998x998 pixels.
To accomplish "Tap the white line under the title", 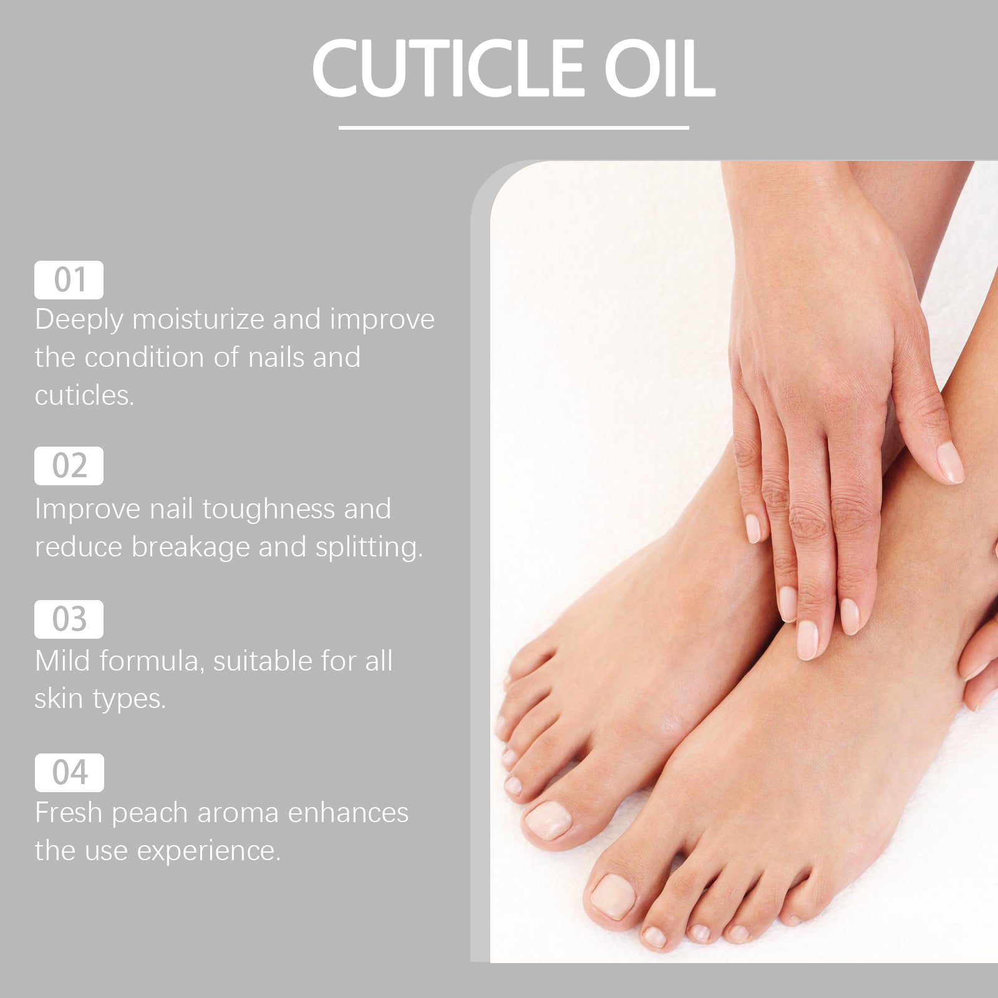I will click(x=513, y=128).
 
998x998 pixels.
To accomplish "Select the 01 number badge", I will click(x=69, y=280).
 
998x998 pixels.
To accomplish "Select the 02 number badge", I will click(x=69, y=466).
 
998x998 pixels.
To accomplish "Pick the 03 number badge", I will click(x=69, y=619).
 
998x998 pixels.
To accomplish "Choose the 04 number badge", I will click(x=69, y=773).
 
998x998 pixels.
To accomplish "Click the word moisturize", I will click(x=198, y=319).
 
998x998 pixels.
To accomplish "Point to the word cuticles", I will click(x=84, y=395).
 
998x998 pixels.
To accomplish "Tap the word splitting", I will click(x=368, y=548).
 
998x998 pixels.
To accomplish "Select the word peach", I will click(x=150, y=813).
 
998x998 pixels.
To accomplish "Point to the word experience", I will click(x=208, y=851).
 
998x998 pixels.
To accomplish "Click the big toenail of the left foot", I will click(x=548, y=820).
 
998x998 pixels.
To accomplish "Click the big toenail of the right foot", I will click(x=613, y=896).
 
